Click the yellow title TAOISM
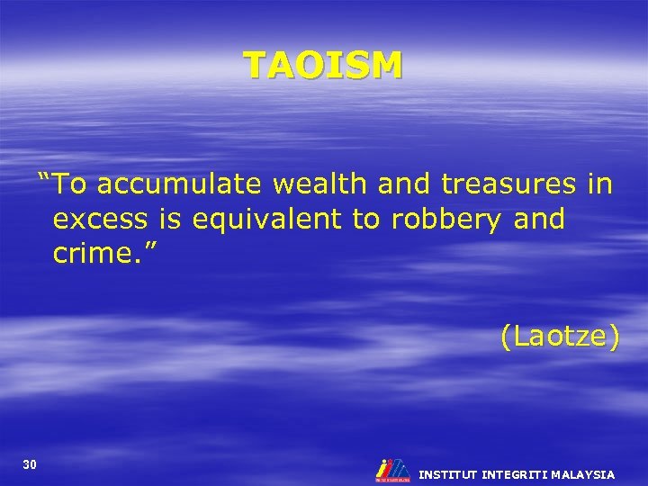323,65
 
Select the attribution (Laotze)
560,337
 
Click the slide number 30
30,464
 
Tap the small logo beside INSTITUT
391,469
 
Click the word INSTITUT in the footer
447,474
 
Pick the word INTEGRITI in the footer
517,474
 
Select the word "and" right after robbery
536,219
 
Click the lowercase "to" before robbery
366,219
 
